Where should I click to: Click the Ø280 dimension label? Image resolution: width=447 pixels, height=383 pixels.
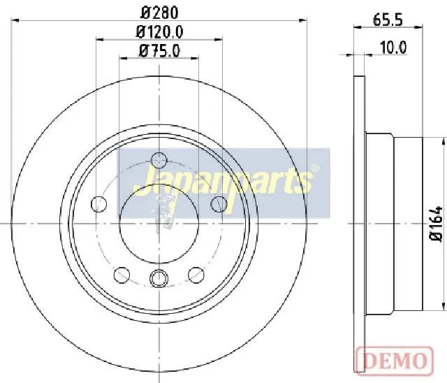[160, 13]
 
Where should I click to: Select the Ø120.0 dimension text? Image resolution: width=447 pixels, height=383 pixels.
[159, 32]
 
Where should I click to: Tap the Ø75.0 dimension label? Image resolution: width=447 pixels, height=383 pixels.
[159, 51]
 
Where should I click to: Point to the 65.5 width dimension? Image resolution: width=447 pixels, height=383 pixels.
[388, 20]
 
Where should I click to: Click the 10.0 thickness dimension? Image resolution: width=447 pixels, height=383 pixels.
[393, 48]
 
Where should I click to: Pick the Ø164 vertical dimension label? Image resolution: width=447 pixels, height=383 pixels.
[437, 224]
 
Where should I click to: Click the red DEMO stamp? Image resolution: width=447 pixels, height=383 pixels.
[395, 361]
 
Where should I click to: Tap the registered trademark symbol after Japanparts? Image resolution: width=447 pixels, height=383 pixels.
[315, 168]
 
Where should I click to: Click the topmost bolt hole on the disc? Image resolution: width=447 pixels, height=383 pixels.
[159, 160]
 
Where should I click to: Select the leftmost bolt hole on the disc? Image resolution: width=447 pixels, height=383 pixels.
[98, 204]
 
